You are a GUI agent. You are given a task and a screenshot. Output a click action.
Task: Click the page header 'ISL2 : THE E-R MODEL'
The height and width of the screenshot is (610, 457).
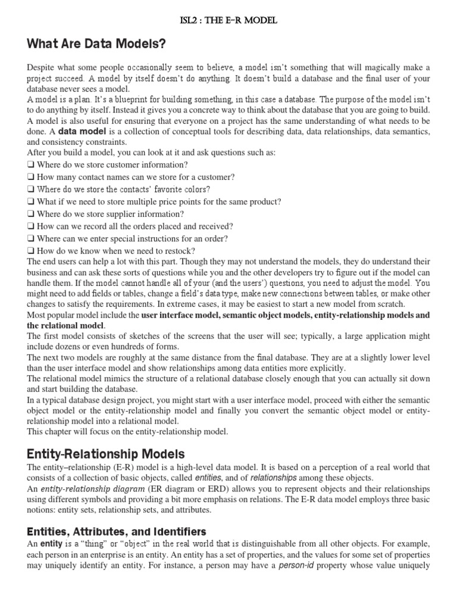[228, 21]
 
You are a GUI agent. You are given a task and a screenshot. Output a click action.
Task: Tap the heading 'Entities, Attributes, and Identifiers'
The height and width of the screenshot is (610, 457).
[117, 531]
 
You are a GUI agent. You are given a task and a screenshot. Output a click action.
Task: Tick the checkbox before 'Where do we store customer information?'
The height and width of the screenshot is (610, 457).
[30, 165]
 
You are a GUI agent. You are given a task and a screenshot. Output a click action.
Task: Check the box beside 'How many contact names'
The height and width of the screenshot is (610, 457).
[30, 178]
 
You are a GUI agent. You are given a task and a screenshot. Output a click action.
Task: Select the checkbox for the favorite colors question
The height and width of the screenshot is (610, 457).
[30, 190]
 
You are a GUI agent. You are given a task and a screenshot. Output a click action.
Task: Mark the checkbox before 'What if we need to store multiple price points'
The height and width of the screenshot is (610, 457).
[30, 202]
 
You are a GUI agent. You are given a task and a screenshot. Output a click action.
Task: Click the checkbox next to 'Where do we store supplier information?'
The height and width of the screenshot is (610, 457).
[30, 214]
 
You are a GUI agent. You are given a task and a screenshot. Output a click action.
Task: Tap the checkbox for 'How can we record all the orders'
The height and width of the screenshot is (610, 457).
[30, 226]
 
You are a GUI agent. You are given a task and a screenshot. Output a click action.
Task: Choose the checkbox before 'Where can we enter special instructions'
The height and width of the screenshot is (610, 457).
[30, 239]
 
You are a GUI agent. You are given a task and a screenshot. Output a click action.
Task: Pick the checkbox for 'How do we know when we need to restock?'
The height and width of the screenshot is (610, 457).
[30, 251]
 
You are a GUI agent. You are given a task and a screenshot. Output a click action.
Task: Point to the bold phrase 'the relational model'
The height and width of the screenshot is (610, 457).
[65, 325]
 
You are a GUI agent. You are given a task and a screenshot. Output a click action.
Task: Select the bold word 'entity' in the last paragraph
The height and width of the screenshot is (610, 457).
[51, 544]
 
